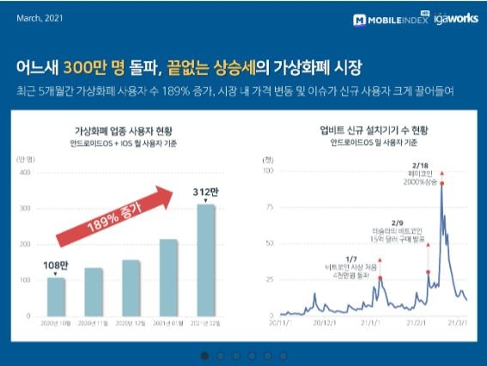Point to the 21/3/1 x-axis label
(458, 325)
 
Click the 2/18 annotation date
(443, 163)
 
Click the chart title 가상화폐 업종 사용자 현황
(119, 131)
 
